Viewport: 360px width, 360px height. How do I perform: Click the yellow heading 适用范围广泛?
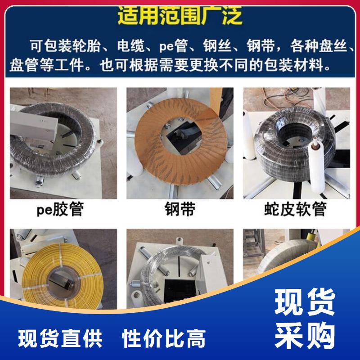(x=180, y=16)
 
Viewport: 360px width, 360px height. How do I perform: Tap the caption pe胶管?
(x=60, y=209)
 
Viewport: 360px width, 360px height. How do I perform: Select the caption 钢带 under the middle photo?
(x=180, y=209)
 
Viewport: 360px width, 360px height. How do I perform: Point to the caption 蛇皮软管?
(x=295, y=209)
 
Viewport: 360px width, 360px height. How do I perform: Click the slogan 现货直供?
(x=60, y=338)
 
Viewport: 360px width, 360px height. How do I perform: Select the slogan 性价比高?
(x=163, y=338)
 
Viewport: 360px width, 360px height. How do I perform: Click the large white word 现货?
(x=305, y=302)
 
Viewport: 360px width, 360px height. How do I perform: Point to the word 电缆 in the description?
(x=131, y=46)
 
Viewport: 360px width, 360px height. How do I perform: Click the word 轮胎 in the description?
(x=86, y=46)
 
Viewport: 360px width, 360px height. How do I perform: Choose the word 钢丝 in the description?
(x=217, y=46)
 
